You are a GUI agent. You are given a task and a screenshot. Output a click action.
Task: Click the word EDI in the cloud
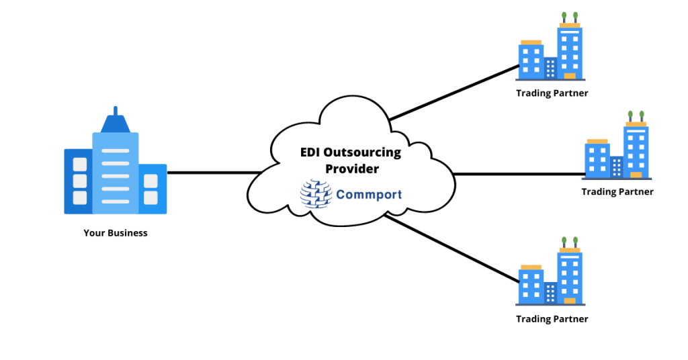[310, 152]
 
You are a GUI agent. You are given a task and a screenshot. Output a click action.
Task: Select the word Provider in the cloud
[352, 169]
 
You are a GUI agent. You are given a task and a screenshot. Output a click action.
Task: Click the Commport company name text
[369, 195]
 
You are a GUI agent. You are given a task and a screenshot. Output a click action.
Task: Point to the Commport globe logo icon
[316, 194]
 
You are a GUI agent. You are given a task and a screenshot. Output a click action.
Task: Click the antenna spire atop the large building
[116, 111]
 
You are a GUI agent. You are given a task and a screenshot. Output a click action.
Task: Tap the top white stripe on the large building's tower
[116, 150]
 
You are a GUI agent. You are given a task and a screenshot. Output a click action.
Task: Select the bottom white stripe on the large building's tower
[116, 201]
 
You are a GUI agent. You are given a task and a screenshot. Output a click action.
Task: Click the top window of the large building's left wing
[80, 165]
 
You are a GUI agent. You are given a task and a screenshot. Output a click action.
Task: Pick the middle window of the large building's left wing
[80, 181]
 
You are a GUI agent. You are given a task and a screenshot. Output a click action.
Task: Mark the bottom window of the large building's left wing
[80, 197]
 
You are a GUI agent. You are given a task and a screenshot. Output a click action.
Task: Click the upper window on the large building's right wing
[150, 181]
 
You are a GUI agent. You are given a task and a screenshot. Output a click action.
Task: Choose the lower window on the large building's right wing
[150, 197]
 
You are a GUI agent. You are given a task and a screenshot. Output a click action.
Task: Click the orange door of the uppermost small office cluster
[570, 76]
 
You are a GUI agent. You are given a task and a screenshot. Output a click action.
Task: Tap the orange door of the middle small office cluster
[636, 175]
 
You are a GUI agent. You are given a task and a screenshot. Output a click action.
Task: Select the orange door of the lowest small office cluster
[570, 301]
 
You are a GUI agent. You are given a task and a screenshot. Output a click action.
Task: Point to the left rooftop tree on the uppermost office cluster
[564, 15]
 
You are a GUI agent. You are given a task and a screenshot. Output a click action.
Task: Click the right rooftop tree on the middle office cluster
[642, 115]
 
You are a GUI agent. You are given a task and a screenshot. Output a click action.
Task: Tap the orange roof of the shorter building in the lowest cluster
[531, 267]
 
